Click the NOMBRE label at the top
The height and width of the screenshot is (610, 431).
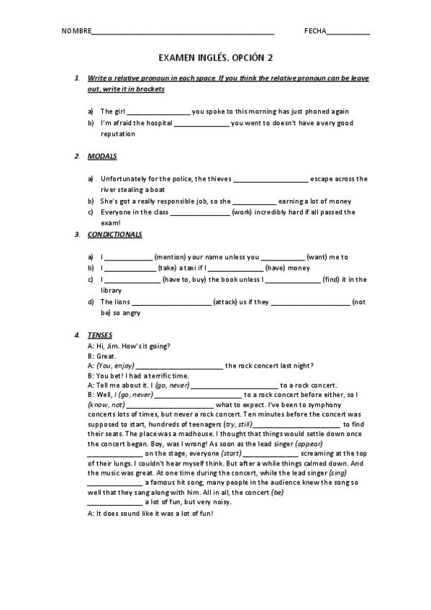point(77,31)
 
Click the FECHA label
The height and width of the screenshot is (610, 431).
point(315,31)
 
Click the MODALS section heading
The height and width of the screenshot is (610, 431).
point(102,156)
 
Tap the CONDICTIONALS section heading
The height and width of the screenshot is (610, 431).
point(114,235)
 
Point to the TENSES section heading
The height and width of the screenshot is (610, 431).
point(99,335)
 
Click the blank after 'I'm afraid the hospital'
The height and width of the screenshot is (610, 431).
point(201,124)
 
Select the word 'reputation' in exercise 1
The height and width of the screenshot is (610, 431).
point(117,134)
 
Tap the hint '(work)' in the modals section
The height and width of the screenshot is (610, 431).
point(242,212)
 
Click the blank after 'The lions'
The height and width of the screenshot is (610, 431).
point(172,302)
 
